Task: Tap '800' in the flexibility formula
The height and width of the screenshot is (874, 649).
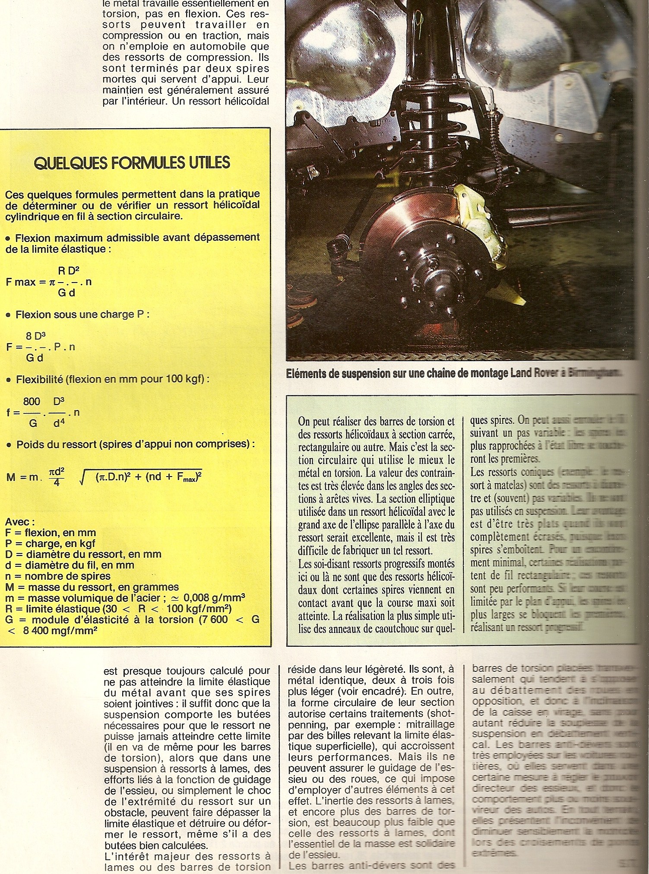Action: (32, 401)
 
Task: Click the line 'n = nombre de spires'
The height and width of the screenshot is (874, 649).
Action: (58, 576)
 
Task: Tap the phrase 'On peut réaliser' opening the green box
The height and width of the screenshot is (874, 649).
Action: (332, 421)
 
